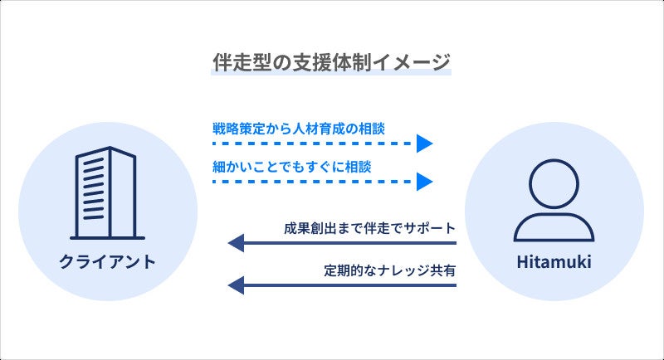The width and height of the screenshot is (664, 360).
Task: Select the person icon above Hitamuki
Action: pos(554,197)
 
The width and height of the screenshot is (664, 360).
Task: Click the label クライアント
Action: pos(108,263)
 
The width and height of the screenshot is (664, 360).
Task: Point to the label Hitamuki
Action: pos(554,263)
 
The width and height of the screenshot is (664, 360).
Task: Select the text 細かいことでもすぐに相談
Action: pos(291,166)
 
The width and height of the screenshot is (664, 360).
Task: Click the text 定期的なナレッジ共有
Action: pos(390,270)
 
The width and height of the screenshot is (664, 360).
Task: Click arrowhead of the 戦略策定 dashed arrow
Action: pos(425,144)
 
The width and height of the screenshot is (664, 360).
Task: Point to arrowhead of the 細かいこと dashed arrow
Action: pos(425,181)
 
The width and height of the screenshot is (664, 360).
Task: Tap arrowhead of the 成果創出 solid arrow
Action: pos(237,243)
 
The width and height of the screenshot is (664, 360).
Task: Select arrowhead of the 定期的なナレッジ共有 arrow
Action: pos(237,285)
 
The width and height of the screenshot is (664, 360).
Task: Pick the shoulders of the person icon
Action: pos(554,226)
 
